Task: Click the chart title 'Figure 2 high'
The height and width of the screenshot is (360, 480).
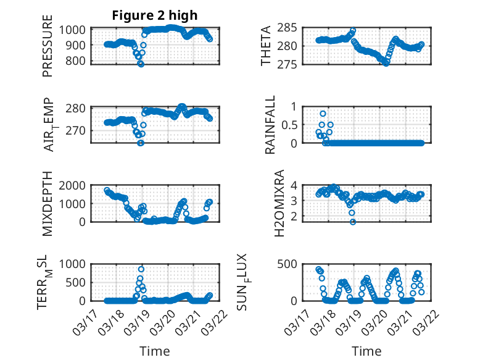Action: pyautogui.click(x=155, y=15)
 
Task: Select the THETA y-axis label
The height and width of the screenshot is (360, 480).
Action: pyautogui.click(x=266, y=46)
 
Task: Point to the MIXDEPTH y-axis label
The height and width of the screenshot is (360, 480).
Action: pyautogui.click(x=48, y=203)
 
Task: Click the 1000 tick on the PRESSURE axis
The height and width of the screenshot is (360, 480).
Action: pyautogui.click(x=74, y=30)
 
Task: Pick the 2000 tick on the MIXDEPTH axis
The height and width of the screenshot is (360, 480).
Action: pyautogui.click(x=74, y=185)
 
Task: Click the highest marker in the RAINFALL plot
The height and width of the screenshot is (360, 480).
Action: pyautogui.click(x=323, y=114)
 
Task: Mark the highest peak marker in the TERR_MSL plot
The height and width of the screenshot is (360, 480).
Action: pyautogui.click(x=141, y=269)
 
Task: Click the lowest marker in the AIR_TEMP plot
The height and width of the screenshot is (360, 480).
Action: pyautogui.click(x=141, y=143)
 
